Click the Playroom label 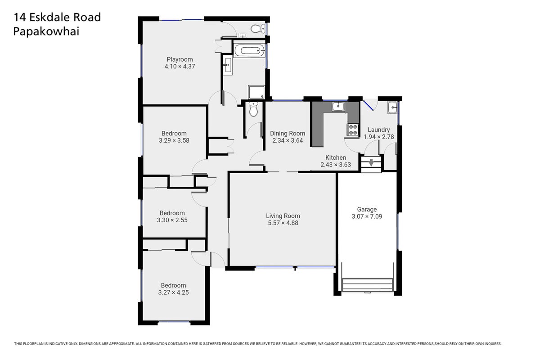click(x=180, y=59)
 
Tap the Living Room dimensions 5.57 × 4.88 click(x=283, y=223)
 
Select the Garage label click(x=367, y=209)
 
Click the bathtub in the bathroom click(x=249, y=51)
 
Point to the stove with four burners click(x=353, y=130)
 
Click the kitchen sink click(x=339, y=106)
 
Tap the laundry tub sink click(x=392, y=108)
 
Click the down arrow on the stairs click(x=371, y=162)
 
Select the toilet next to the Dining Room click(x=253, y=109)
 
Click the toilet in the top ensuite click(x=258, y=29)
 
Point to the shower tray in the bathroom click(x=256, y=92)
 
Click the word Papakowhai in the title click(x=46, y=32)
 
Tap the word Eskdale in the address click(x=50, y=17)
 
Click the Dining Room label click(x=288, y=133)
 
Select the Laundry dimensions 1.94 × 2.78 click(x=379, y=137)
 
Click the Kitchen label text click(x=336, y=157)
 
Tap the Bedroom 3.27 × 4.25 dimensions click(x=173, y=292)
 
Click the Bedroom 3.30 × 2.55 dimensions click(x=172, y=220)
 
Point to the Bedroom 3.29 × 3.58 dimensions click(x=174, y=140)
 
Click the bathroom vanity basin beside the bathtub click(x=227, y=65)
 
